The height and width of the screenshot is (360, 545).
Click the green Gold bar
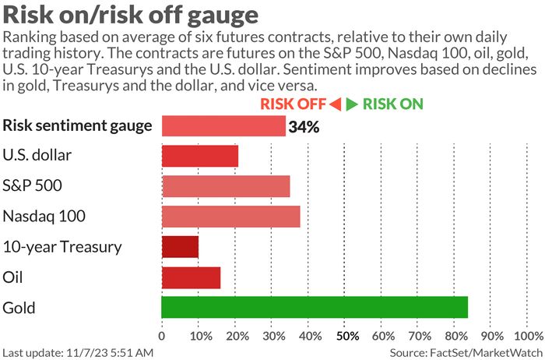[x=315, y=308]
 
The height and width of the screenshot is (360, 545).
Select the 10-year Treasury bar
[x=180, y=247]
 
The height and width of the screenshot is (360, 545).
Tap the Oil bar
[x=191, y=277]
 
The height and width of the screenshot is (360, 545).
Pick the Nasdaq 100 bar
[x=230, y=217]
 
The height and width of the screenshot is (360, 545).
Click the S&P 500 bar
[x=226, y=186]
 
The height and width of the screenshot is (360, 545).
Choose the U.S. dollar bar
[x=200, y=156]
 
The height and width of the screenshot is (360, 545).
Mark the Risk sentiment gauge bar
[x=223, y=125]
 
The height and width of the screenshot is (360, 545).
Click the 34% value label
[x=304, y=127]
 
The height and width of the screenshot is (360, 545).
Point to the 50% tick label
[x=346, y=336]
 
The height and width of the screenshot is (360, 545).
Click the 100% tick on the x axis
[x=529, y=336]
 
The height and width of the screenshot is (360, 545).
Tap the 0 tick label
[x=162, y=336]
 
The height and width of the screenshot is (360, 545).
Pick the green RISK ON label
[x=393, y=104]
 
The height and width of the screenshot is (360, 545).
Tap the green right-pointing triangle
[x=351, y=104]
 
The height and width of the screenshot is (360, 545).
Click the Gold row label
[x=19, y=308]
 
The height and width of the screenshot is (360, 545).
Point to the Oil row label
[x=12, y=277]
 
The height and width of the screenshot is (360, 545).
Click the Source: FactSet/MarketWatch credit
[x=466, y=353]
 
